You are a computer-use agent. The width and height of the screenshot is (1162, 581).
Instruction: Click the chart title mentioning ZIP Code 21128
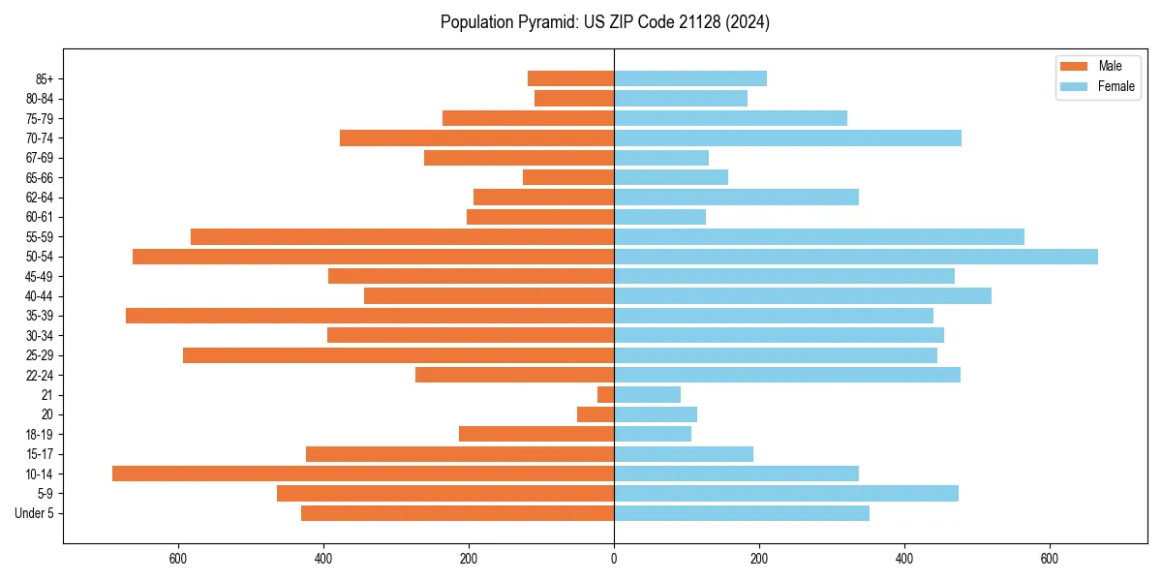[604, 22]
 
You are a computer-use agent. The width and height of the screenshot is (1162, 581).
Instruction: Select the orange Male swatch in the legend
[1074, 66]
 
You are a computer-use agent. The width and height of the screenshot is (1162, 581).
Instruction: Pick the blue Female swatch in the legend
[1074, 86]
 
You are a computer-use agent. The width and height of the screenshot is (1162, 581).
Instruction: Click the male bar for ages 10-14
[363, 474]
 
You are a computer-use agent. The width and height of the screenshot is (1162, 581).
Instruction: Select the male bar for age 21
[606, 395]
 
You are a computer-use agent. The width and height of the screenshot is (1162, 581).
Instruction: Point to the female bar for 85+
[690, 78]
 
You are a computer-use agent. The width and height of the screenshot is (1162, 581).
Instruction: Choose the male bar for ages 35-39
[370, 316]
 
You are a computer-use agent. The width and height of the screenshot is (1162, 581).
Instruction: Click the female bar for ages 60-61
[659, 217]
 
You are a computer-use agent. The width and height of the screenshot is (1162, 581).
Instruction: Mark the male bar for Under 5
[457, 513]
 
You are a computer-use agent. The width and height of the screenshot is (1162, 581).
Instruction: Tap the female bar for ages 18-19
[653, 434]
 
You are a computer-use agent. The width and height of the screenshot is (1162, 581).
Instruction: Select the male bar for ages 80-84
[574, 99]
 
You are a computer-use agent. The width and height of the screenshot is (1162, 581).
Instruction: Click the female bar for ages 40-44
[803, 296]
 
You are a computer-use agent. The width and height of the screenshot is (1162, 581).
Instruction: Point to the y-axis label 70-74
[39, 138]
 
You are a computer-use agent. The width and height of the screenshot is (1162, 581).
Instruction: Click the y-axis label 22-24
[39, 376]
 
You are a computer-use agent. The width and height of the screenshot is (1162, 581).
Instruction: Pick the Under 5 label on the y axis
[35, 513]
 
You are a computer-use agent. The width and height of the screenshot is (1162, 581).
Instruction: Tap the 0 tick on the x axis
[614, 559]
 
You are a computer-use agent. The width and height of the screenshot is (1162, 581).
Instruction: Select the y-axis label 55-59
[39, 237]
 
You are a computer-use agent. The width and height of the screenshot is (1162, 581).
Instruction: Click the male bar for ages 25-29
[398, 355]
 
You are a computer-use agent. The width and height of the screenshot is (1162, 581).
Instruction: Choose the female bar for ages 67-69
[661, 158]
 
